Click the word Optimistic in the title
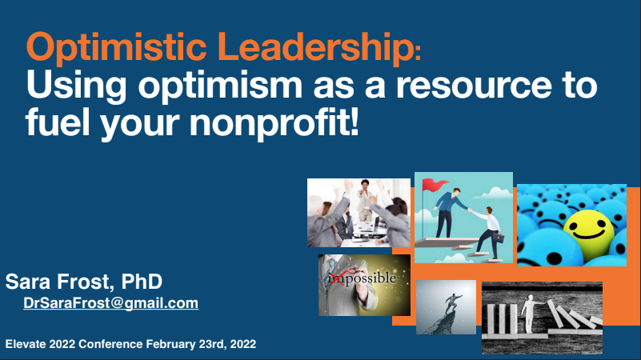pyautogui.click(x=117, y=48)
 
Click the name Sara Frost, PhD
pyautogui.click(x=84, y=281)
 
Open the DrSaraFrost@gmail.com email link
pyautogui.click(x=110, y=303)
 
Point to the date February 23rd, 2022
pyautogui.click(x=201, y=344)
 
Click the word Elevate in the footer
pyautogui.click(x=26, y=344)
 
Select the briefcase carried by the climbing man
pyautogui.click(x=500, y=238)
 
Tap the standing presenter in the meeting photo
pyautogui.click(x=364, y=200)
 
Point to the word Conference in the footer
pyautogui.click(x=110, y=344)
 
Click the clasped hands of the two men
pyautogui.click(x=470, y=210)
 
